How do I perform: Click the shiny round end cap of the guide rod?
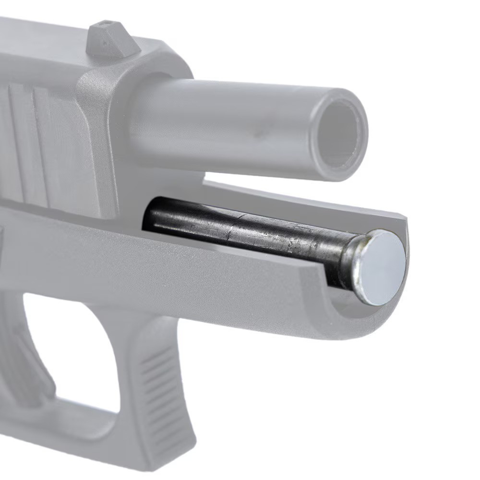(x=382, y=267)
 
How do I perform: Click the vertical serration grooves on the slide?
(x=29, y=144)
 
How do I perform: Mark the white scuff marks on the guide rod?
(x=293, y=242)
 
